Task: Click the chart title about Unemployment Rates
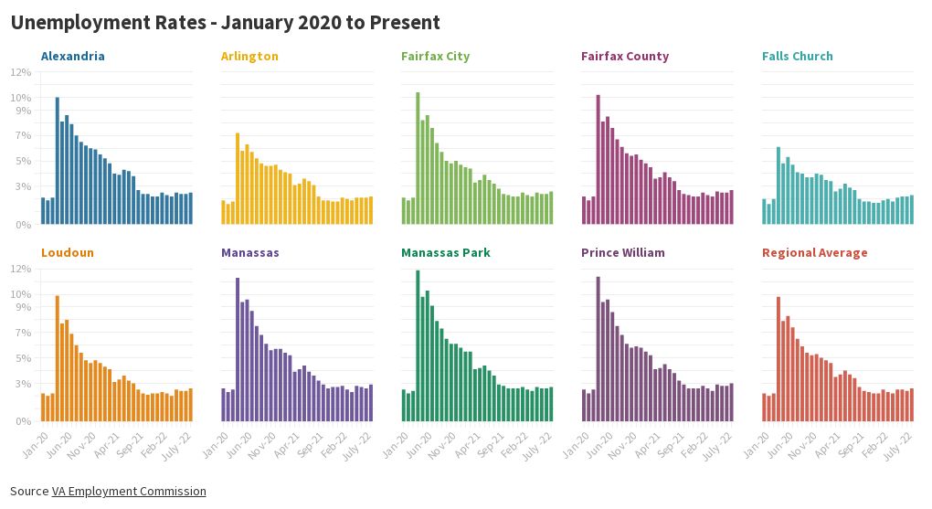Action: point(225,23)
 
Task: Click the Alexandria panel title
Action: point(72,57)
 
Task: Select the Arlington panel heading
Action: point(249,57)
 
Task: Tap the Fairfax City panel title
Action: point(435,57)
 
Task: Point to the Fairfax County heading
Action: point(624,57)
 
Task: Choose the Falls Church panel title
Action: point(797,57)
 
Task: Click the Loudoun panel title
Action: point(67,253)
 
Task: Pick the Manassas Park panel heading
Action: point(445,253)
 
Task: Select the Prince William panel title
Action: point(622,253)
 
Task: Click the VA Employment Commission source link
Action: point(129,492)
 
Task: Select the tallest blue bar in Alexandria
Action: point(58,161)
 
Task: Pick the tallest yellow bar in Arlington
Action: point(238,179)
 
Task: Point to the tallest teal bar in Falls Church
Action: point(778,186)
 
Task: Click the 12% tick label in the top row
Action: point(21,72)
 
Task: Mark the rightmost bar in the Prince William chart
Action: point(731,402)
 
